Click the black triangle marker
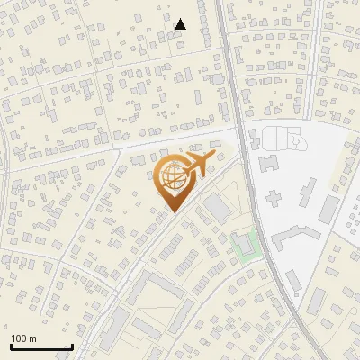(180, 24)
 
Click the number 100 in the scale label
(19, 338)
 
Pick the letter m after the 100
(32, 338)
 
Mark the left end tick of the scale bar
(10, 346)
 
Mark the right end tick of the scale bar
(72, 346)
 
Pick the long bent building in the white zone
(295, 236)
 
